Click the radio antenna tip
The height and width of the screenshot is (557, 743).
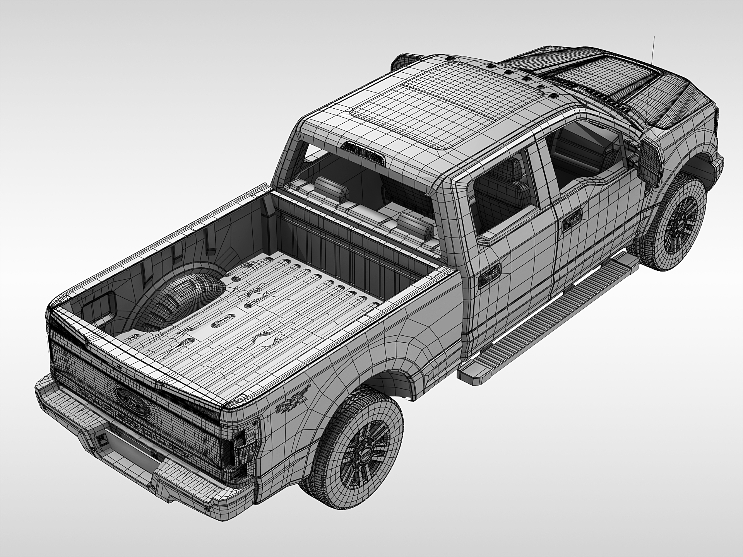[x=654, y=38]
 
